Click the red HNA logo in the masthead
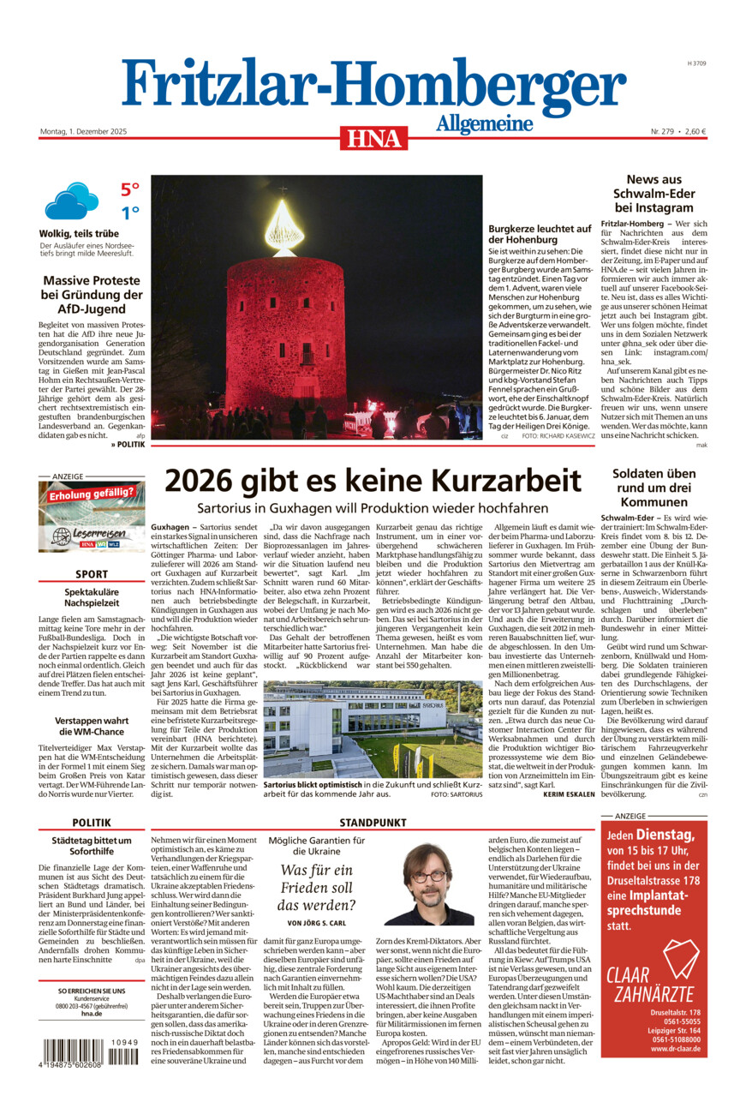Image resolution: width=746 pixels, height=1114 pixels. tap(373, 137)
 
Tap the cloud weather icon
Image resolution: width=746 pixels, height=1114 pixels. tap(71, 201)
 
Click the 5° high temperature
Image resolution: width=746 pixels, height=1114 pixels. tap(129, 189)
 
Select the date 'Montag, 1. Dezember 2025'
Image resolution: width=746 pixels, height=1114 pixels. tap(83, 131)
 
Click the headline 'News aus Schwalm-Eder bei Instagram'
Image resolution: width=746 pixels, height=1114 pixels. tap(653, 194)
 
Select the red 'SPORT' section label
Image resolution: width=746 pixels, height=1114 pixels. tap(92, 574)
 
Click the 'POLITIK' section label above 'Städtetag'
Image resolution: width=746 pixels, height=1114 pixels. tap(92, 823)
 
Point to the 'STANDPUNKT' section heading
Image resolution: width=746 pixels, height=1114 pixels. tap(373, 823)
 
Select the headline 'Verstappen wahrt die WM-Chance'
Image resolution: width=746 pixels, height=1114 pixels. tap(92, 726)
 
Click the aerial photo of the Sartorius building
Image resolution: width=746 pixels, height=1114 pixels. tap(373, 728)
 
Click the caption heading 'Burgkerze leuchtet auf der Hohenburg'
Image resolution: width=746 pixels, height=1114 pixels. tap(540, 234)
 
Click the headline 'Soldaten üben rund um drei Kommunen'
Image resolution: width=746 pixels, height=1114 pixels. tap(653, 488)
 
